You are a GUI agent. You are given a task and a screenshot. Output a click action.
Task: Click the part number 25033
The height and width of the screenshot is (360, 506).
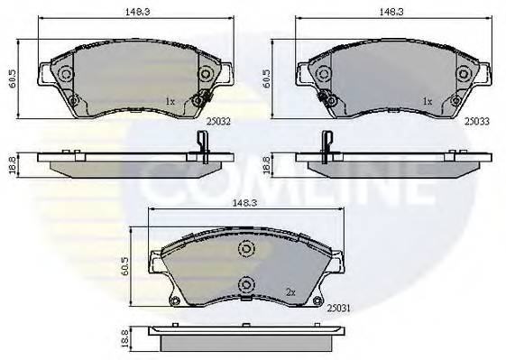[476, 118]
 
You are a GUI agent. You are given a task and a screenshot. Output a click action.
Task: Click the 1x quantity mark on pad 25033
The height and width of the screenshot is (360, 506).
[428, 102]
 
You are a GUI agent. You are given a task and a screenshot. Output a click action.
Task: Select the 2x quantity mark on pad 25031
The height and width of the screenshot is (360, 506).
[290, 291]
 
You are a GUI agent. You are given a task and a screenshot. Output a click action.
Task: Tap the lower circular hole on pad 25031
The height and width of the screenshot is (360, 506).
[244, 287]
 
